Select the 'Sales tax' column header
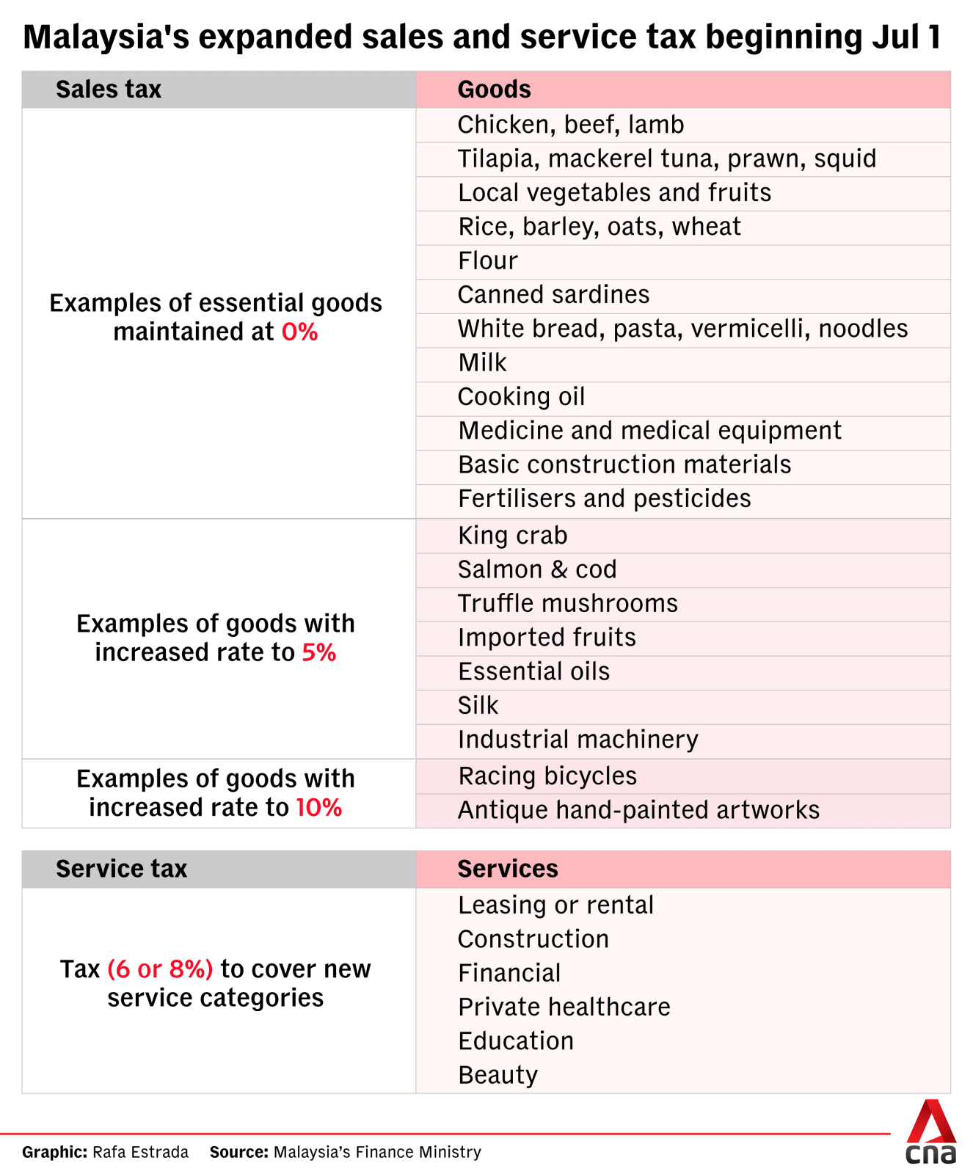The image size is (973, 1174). pos(109,90)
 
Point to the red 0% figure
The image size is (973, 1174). pos(300,332)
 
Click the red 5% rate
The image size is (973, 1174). pos(319,652)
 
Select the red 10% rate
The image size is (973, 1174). pos(319,808)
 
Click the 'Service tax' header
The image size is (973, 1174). pos(122,869)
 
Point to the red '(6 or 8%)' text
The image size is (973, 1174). pos(160,969)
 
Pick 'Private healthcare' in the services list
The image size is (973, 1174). pos(564,1007)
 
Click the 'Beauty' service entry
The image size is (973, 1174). pos(498,1076)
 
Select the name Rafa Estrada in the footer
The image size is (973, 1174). pos(141,1152)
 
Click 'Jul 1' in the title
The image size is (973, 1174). pos(907,37)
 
